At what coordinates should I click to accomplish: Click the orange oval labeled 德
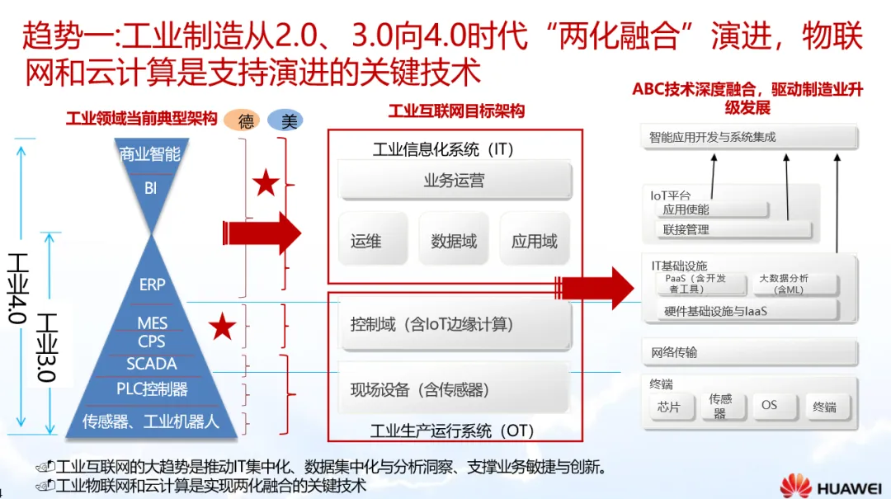pyautogui.click(x=245, y=120)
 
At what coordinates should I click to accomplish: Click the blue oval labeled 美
pyautogui.click(x=285, y=120)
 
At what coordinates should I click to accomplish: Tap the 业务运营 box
pyautogui.click(x=455, y=181)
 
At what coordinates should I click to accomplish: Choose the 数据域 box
pyautogui.click(x=454, y=240)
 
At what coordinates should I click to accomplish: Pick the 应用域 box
pyautogui.click(x=535, y=240)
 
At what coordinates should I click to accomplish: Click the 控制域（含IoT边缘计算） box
pyautogui.click(x=455, y=324)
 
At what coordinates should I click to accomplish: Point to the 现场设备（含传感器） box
pyautogui.click(x=455, y=389)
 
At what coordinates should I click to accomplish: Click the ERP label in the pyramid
pyautogui.click(x=152, y=285)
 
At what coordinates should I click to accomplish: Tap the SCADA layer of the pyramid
pyautogui.click(x=152, y=364)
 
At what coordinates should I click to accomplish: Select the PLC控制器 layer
pyautogui.click(x=152, y=388)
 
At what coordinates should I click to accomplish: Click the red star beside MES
pyautogui.click(x=221, y=327)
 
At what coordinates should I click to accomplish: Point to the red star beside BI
pyautogui.click(x=265, y=183)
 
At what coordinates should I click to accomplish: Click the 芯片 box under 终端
pyautogui.click(x=669, y=407)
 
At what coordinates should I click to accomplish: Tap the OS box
pyautogui.click(x=770, y=406)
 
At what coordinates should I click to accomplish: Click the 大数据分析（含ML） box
pyautogui.click(x=784, y=285)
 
